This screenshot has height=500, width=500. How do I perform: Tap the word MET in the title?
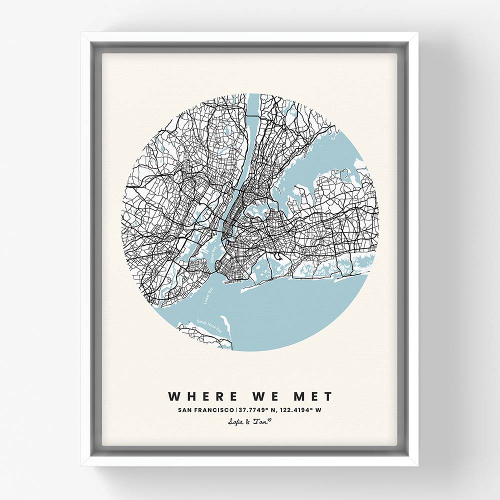(311, 396)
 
